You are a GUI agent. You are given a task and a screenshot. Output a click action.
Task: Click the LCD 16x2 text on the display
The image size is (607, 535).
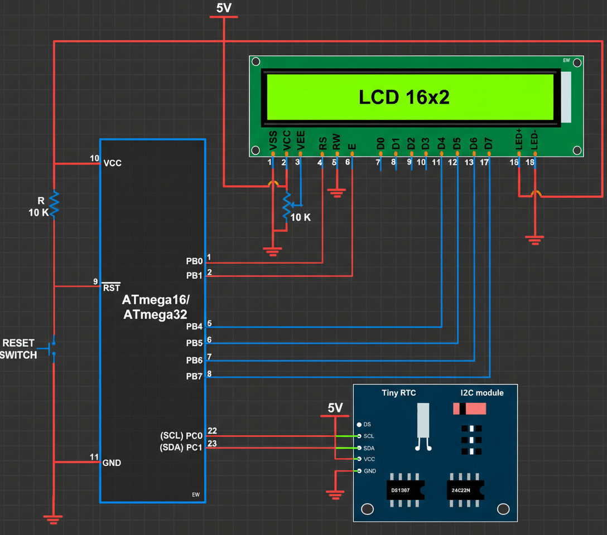point(404,98)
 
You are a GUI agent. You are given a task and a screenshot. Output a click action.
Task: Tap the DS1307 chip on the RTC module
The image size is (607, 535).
point(401,490)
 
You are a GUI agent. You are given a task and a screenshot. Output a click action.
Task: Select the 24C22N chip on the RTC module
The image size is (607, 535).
point(461,490)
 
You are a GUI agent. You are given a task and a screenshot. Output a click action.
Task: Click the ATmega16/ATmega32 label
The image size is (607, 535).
point(156,307)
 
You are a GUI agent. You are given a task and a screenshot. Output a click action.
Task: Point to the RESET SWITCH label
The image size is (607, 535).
point(19,349)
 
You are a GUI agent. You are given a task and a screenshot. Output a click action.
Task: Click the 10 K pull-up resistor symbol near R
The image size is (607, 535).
point(54,204)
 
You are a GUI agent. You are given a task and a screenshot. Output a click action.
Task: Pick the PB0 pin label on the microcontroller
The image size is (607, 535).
point(194,261)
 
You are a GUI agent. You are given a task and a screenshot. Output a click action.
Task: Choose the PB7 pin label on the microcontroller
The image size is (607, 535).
point(194,377)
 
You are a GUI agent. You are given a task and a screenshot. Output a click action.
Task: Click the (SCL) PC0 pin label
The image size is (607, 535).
point(181,435)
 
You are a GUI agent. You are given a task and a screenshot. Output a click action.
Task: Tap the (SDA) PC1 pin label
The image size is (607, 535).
point(181,447)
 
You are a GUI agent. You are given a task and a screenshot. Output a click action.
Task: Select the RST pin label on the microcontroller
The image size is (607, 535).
point(112,288)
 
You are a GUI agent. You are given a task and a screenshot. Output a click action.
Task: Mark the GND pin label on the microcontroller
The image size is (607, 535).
point(112,463)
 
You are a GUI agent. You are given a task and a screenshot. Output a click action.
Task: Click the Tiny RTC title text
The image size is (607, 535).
point(398,393)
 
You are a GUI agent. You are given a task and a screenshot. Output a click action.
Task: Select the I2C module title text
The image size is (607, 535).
point(482,393)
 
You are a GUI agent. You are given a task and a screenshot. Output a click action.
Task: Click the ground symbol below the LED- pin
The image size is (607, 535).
point(534,240)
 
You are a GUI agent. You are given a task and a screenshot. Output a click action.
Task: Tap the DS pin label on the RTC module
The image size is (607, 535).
point(367,425)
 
